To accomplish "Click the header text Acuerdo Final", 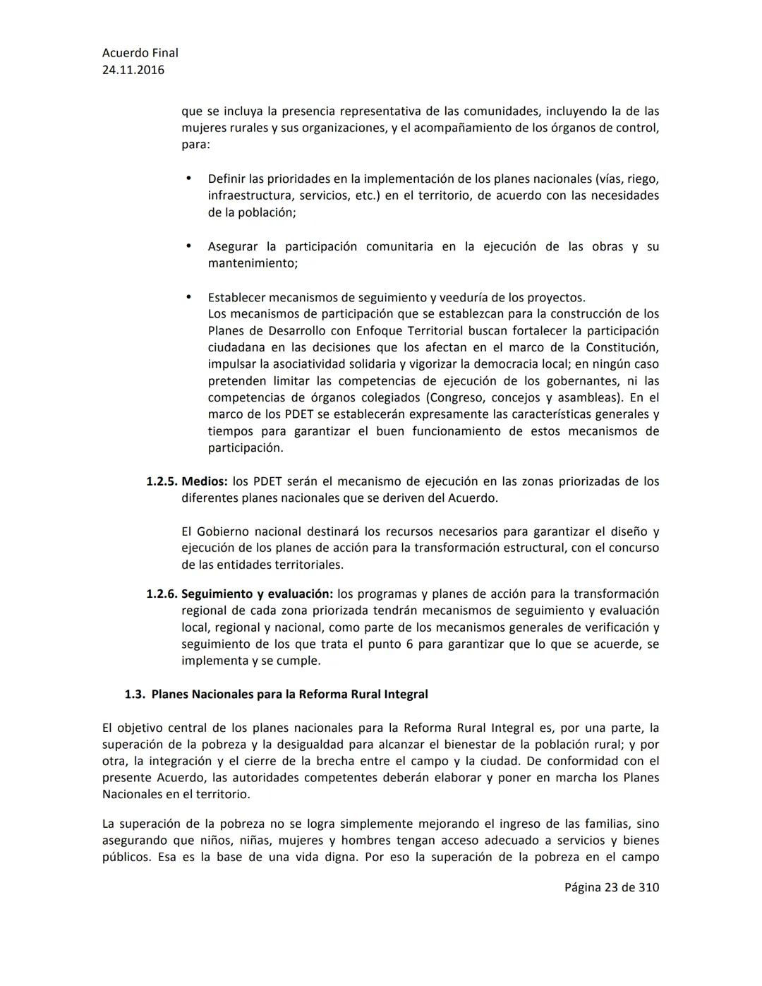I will (x=140, y=53).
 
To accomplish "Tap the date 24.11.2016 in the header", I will (x=133, y=70).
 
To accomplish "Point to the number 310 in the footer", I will (x=648, y=887).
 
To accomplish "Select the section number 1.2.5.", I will (x=162, y=481).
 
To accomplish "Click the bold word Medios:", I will (x=205, y=481).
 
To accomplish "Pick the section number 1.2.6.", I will (x=162, y=594).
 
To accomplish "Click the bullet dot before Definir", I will (x=188, y=179).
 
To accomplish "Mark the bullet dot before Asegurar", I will (x=188, y=246).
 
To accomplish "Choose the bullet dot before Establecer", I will (x=188, y=297).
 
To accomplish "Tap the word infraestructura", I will (x=249, y=196).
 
